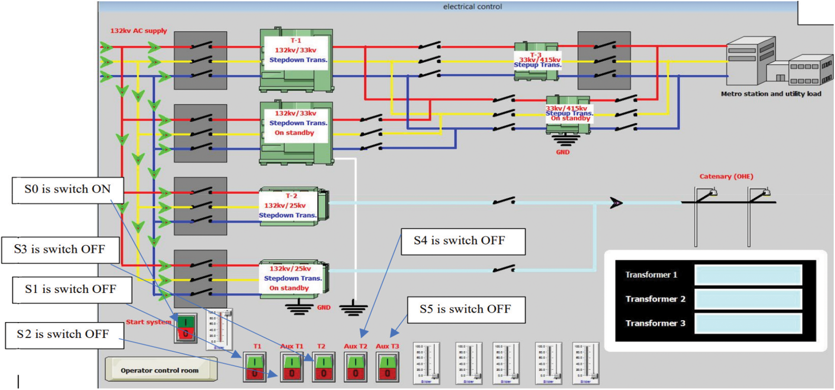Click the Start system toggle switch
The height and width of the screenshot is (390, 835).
click(x=186, y=328)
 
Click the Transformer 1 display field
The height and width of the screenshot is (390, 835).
click(x=748, y=275)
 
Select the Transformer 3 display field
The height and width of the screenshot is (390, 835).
click(x=748, y=323)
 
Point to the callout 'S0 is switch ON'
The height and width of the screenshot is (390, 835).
click(x=67, y=190)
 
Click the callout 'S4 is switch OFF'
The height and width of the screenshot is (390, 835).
click(x=463, y=241)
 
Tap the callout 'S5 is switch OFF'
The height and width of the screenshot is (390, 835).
click(x=466, y=309)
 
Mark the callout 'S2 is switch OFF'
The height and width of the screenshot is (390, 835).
click(x=64, y=335)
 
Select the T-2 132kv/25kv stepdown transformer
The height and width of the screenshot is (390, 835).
click(x=293, y=206)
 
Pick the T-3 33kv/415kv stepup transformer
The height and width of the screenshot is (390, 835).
click(x=536, y=61)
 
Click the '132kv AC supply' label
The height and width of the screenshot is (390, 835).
click(x=138, y=31)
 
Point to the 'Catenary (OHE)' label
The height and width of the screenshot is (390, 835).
click(x=726, y=177)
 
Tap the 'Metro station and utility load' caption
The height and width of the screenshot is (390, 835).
click(x=771, y=94)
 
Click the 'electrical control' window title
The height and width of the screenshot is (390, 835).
click(x=472, y=6)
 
